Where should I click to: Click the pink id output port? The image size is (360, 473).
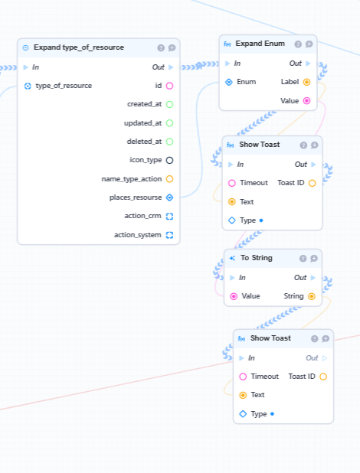click(x=170, y=86)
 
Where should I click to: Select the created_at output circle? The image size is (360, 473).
click(x=170, y=104)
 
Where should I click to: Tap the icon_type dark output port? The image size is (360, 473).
click(x=170, y=160)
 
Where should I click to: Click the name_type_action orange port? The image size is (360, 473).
click(x=170, y=179)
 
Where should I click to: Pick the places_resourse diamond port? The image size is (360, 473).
click(x=170, y=197)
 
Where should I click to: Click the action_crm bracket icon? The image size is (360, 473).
click(x=170, y=217)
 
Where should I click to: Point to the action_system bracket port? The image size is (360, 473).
click(x=170, y=235)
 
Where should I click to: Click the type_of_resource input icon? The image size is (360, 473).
click(x=28, y=86)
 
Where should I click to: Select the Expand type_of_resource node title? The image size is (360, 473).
click(x=79, y=47)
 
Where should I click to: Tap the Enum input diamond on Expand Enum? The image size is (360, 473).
click(x=229, y=82)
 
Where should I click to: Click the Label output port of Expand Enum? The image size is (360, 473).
click(x=306, y=82)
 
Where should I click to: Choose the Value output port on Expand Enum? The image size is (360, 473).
click(x=306, y=101)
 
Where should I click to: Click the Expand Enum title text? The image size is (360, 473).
click(x=260, y=44)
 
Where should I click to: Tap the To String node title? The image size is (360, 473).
click(x=257, y=258)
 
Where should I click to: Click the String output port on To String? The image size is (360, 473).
click(x=312, y=296)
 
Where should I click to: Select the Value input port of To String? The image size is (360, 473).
click(x=234, y=296)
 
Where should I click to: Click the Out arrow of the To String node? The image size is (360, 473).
click(x=313, y=278)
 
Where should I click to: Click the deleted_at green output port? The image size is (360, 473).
click(x=170, y=142)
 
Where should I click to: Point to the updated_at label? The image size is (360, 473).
click(x=143, y=123)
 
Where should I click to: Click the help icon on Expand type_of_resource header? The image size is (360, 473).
click(x=161, y=48)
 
